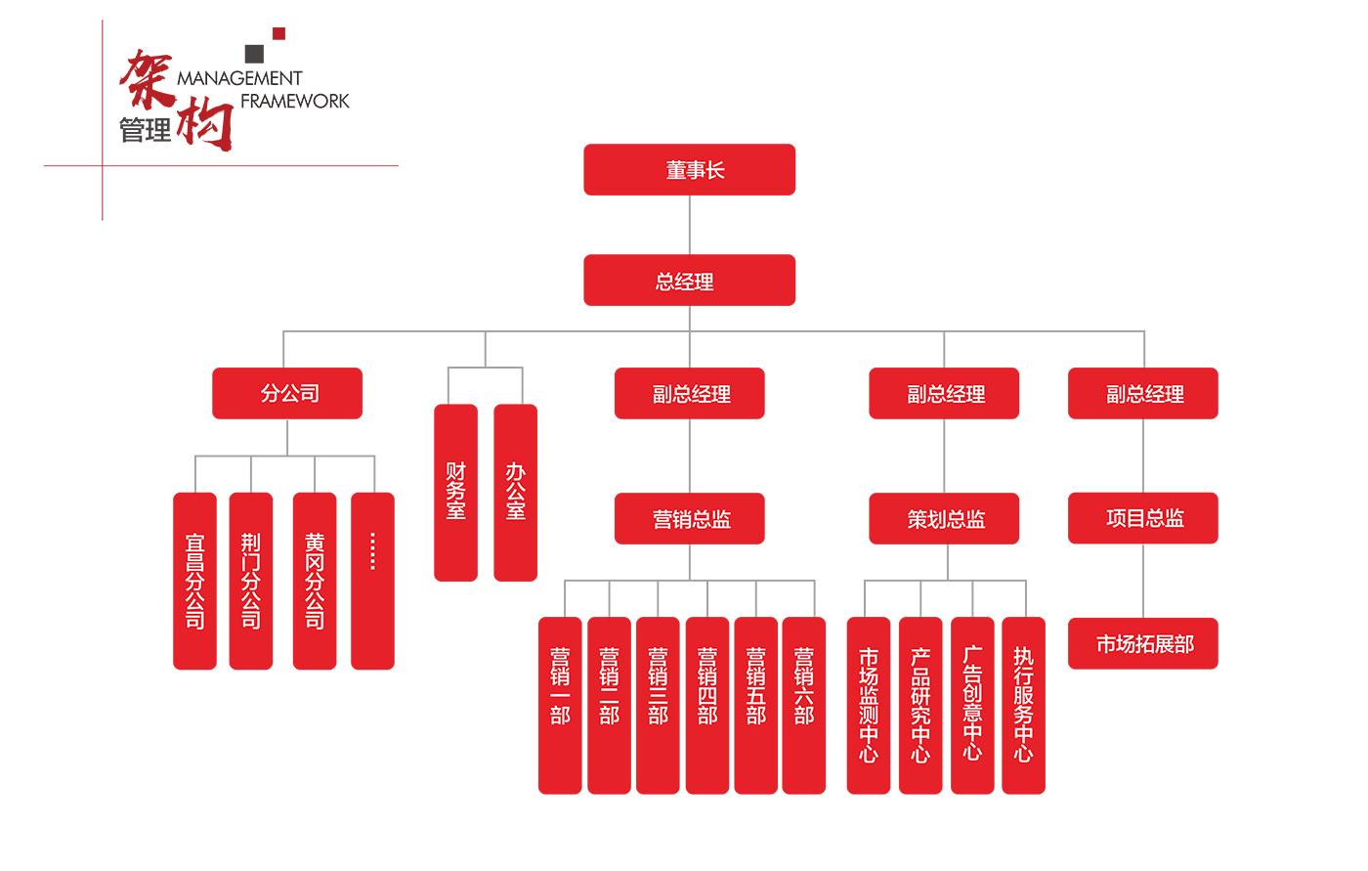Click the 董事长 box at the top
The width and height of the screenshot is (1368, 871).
pos(689,170)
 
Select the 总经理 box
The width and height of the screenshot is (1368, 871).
pos(689,281)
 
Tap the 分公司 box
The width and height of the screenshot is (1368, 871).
pos(287,393)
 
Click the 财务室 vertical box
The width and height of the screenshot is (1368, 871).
pos(455,492)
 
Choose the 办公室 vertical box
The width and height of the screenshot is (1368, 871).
pos(515,492)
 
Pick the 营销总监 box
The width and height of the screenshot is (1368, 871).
pos(689,518)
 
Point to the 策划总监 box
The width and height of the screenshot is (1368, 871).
pos(944,518)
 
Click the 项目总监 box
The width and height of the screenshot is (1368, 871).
pos(1142,518)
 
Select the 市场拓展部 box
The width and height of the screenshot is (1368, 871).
pos(1142,643)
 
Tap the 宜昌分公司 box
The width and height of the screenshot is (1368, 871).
pos(194,581)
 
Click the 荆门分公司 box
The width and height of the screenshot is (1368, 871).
pos(250,581)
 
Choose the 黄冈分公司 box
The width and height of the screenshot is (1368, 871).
pos(315,581)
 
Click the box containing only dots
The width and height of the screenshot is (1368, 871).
pos(372,581)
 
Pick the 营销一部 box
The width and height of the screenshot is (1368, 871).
pos(560,705)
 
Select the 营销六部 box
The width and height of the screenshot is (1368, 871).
pos(803,705)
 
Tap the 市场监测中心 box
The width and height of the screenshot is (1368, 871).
pos(868,705)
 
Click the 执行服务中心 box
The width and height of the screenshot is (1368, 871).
pos(1023,705)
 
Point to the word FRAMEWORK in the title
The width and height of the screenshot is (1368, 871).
pos(294,101)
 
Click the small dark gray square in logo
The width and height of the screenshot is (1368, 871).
pos(254,54)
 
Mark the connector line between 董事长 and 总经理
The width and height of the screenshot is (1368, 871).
pos(690,225)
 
